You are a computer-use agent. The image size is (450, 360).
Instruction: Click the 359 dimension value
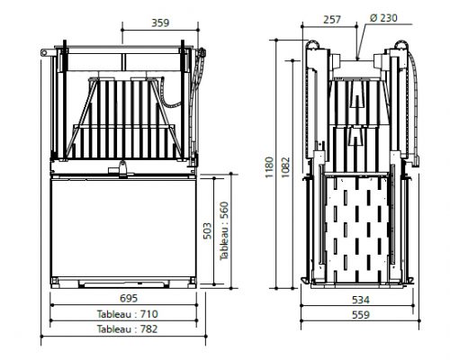[160, 22]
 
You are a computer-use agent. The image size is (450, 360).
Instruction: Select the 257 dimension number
[332, 20]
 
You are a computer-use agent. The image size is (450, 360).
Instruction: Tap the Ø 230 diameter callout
[383, 18]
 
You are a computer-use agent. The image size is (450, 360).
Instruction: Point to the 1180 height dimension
[269, 166]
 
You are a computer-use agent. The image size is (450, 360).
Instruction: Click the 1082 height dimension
[285, 166]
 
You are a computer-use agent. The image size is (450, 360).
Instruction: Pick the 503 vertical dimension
[207, 230]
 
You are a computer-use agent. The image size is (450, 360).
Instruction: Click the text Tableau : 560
[224, 231]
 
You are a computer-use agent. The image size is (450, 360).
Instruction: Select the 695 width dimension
[129, 298]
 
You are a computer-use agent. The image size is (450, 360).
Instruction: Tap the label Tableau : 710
[127, 314]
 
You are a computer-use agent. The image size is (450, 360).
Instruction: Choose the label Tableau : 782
[127, 329]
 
